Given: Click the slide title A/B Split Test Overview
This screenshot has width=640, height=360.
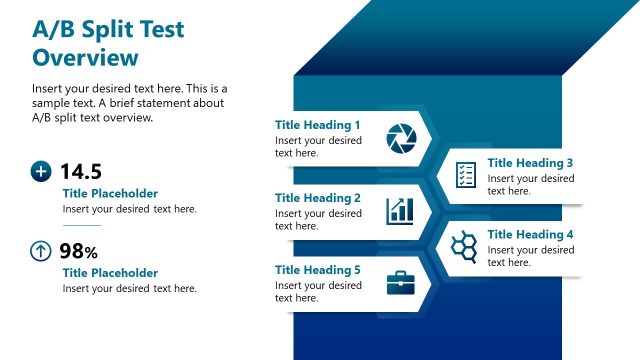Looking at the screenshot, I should [x=108, y=43].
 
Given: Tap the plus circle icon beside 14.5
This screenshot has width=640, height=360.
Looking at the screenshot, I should [x=41, y=172].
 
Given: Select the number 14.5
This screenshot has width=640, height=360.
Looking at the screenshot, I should [x=81, y=172].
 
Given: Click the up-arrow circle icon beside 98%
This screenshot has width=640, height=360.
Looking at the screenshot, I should [x=41, y=251].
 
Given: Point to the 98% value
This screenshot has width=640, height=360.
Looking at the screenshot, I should [x=78, y=251].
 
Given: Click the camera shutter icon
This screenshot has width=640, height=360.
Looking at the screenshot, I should [x=400, y=139].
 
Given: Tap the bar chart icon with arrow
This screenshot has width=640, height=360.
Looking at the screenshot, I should [x=400, y=210].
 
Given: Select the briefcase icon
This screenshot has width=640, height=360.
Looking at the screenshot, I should [x=400, y=283].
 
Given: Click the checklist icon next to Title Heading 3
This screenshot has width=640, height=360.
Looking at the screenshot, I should [x=465, y=175].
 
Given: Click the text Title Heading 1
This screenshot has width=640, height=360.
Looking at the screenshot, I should [x=317, y=125].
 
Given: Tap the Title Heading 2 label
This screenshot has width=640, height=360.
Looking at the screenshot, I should [x=317, y=198].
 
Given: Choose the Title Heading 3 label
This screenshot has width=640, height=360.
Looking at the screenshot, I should [x=530, y=163].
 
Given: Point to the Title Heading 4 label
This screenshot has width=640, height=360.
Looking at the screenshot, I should [x=530, y=235].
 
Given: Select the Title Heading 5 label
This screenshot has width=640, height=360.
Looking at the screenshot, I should [x=317, y=270].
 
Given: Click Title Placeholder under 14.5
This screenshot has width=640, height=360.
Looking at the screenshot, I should [x=110, y=194].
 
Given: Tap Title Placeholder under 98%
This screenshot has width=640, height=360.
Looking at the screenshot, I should [x=110, y=273].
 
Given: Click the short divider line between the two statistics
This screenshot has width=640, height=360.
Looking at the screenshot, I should [x=81, y=226].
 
